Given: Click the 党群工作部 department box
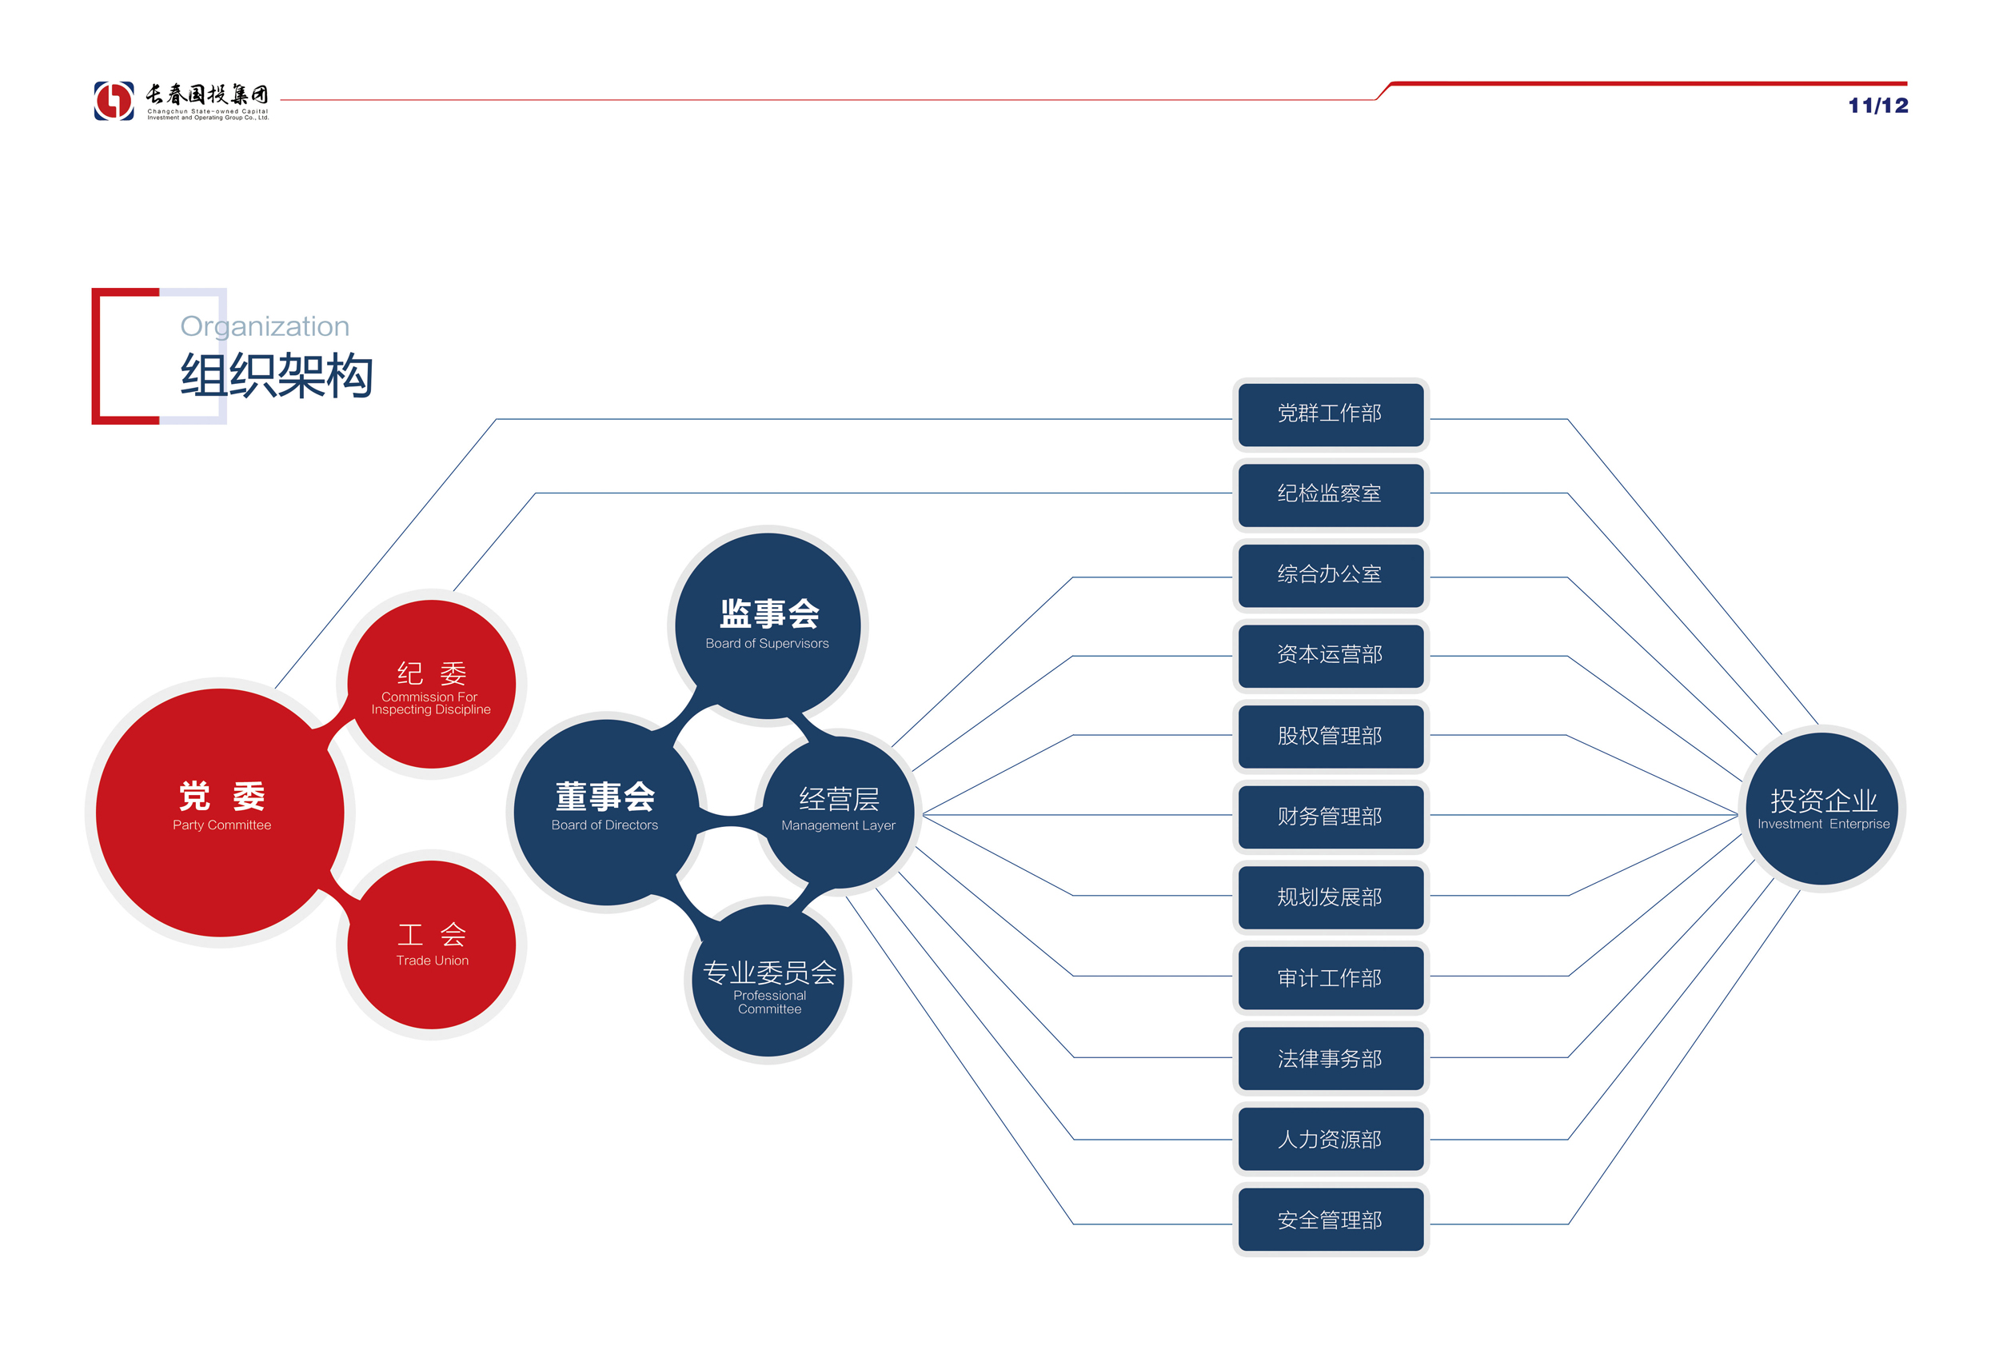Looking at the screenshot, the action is (x=1330, y=414).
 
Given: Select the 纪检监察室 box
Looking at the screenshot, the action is (x=1330, y=494).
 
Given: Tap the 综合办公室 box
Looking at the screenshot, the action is (x=1330, y=576).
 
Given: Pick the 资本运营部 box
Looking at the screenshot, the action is (x=1330, y=656).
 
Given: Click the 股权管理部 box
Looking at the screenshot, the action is (x=1330, y=737).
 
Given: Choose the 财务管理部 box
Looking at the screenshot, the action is (x=1330, y=817).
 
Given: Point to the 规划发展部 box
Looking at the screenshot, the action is (x=1330, y=898).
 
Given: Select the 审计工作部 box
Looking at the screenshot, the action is (x=1330, y=978).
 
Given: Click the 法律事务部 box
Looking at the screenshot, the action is (x=1330, y=1059).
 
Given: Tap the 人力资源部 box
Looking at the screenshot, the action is (x=1330, y=1140).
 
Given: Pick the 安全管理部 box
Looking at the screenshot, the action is (x=1330, y=1220).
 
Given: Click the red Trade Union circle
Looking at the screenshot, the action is (x=432, y=945).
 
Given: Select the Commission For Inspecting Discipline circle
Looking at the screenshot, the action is (x=432, y=684).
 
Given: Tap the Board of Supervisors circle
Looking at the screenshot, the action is (x=768, y=625).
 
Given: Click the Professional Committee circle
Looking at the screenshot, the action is (x=768, y=981).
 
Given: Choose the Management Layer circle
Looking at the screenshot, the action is (x=839, y=811).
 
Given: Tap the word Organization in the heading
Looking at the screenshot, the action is (x=265, y=327).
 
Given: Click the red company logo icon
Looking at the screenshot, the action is (x=114, y=101).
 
